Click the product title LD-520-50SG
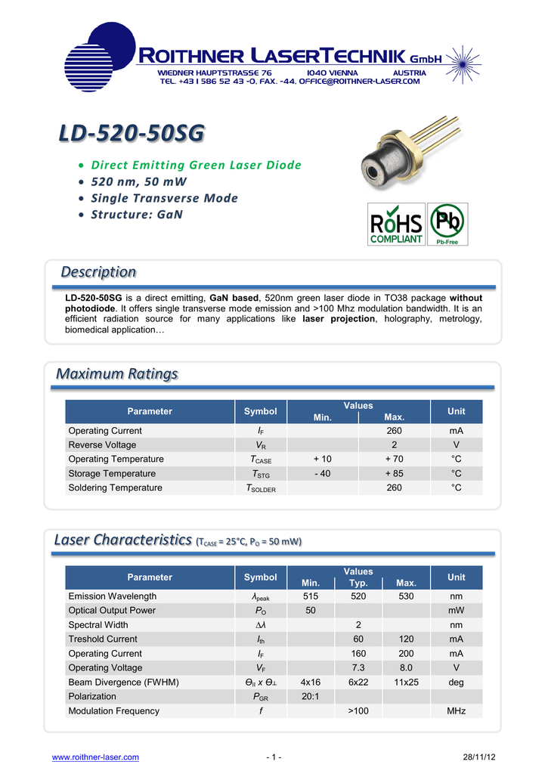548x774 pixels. point(132,133)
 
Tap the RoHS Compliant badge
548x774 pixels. point(396,224)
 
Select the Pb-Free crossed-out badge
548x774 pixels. point(447,224)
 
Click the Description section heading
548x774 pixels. point(98,271)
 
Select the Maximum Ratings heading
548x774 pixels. point(118,373)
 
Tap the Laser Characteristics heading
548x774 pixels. point(123,540)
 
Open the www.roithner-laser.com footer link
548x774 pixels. point(94,757)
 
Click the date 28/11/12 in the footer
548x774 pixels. point(479,757)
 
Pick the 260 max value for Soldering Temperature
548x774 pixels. point(395,488)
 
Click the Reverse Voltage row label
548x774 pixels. point(102,445)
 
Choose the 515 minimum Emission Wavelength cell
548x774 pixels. point(311,596)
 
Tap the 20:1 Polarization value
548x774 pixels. point(309,697)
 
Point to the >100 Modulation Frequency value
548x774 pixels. point(358,711)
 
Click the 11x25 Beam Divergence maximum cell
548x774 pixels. point(406,683)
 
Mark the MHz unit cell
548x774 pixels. point(456,711)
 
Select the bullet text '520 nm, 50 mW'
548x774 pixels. point(138,181)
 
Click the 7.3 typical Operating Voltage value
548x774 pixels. point(358,668)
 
